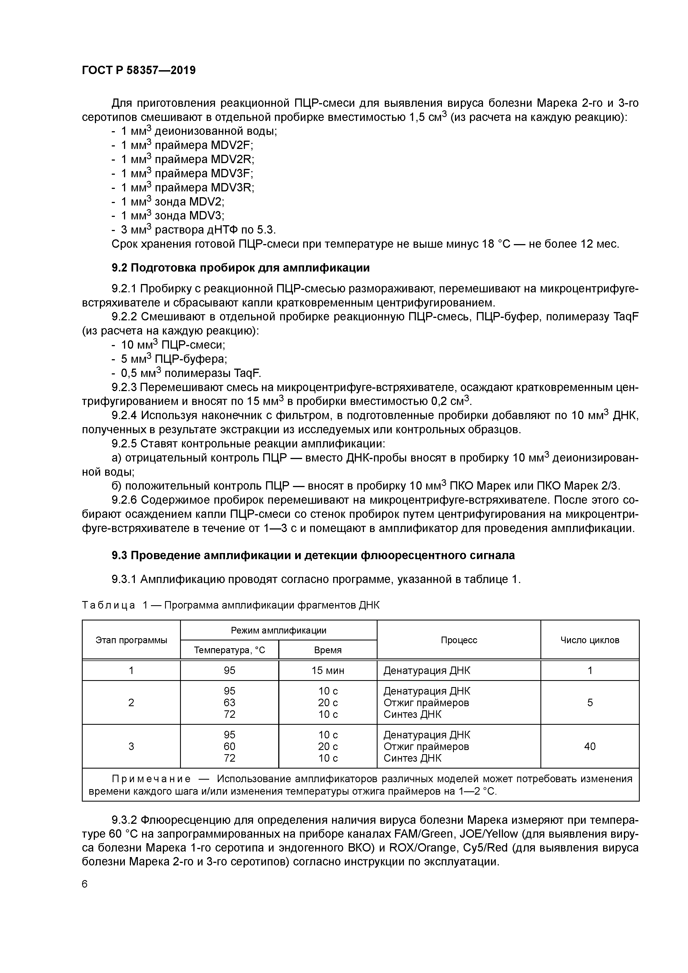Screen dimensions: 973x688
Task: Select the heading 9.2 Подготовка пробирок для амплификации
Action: click(240, 268)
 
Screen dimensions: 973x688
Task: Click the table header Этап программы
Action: click(131, 640)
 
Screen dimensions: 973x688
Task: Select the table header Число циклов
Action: click(589, 640)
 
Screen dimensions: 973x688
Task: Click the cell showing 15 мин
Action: click(328, 670)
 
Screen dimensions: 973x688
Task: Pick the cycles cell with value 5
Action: click(589, 703)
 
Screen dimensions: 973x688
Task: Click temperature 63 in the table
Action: click(229, 703)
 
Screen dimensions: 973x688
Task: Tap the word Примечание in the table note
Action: click(151, 779)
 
